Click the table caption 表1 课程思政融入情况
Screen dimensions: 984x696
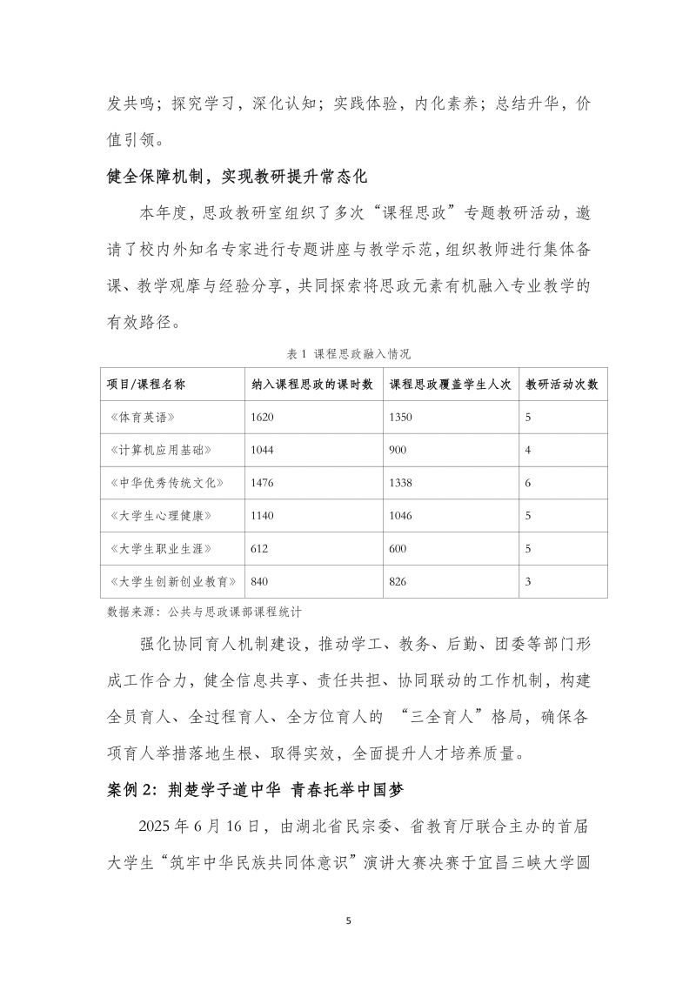point(348,354)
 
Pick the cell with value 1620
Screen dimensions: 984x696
point(262,418)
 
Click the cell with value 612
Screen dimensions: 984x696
point(258,549)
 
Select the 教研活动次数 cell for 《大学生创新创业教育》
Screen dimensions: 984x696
point(528,581)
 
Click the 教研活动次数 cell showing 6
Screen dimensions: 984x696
point(528,483)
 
